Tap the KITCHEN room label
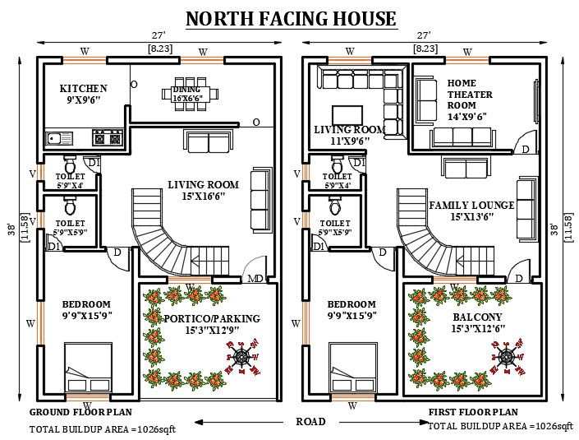point(84,89)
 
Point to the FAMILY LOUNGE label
point(471,205)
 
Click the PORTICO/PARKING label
point(210,319)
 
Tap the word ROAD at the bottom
point(310,421)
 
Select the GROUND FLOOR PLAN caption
point(80,411)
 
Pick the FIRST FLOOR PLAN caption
point(473,411)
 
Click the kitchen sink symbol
point(59,137)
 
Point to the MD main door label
point(255,279)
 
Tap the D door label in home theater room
point(525,150)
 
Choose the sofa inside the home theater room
point(425,100)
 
